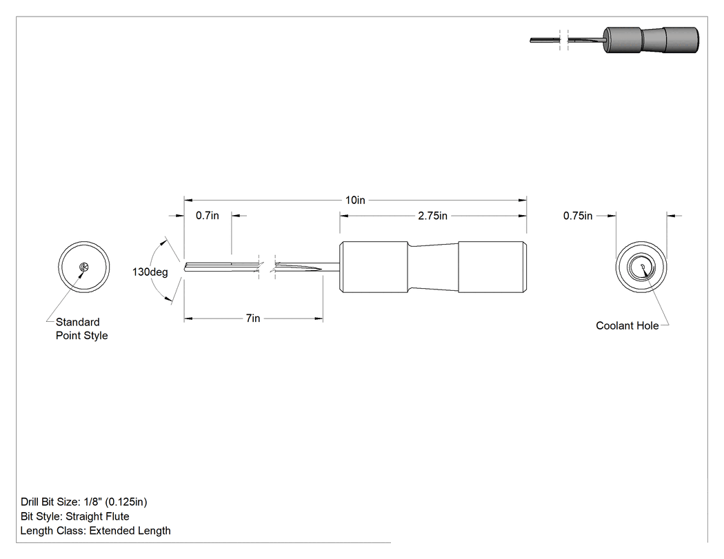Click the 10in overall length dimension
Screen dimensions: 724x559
pos(355,201)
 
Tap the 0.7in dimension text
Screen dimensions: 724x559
pos(208,216)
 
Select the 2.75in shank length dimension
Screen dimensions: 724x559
pos(432,216)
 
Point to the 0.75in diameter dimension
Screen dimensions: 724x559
pos(578,216)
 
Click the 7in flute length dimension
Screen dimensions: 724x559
pos(253,318)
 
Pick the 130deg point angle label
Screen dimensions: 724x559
pos(150,272)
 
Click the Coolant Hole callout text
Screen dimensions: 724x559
pos(627,326)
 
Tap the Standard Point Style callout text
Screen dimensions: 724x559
pos(82,329)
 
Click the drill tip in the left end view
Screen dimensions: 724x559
pos(83,267)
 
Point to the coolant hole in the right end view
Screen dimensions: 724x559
pos(642,266)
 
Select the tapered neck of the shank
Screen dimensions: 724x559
pos(432,267)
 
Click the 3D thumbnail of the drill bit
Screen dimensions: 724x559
pos(614,40)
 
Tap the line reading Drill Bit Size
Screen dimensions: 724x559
pos(84,502)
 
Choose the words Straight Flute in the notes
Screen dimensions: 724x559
pos(97,516)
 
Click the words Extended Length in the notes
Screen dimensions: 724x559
pos(130,531)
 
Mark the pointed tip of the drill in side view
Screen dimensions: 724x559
pos(185,267)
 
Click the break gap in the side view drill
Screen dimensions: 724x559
pos(267,267)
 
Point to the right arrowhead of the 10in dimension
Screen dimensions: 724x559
pos(522,201)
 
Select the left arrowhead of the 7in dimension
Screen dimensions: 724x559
pos(188,318)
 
